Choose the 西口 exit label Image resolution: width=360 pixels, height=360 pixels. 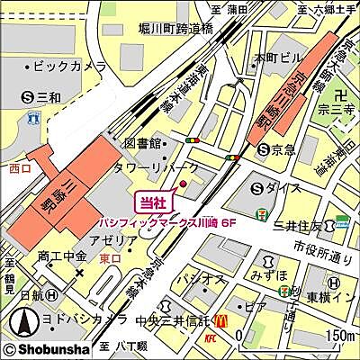tap(20, 167)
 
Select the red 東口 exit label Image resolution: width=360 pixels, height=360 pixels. tap(111, 257)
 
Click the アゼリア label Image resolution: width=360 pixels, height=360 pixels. tap(120, 241)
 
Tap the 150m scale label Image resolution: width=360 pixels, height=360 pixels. tap(339, 336)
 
